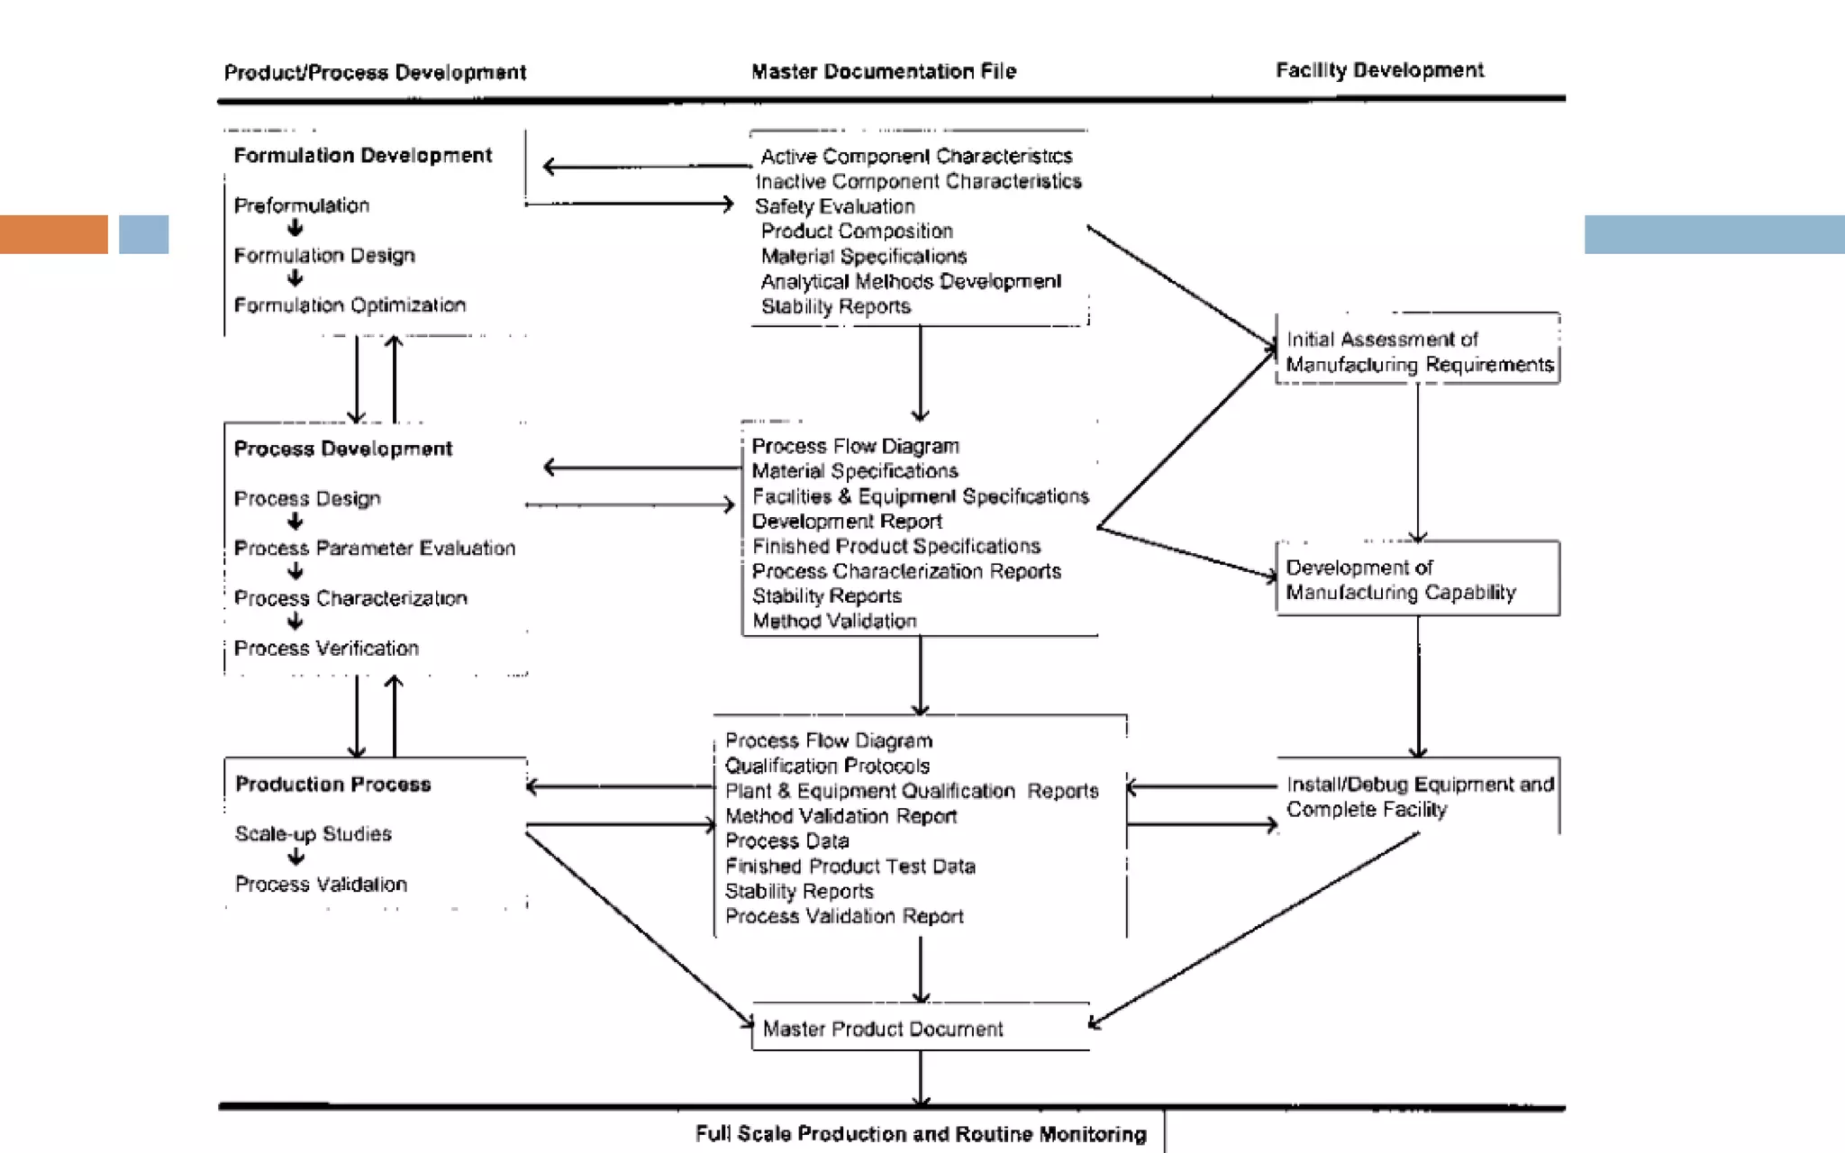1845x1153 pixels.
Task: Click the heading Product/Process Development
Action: [x=375, y=72]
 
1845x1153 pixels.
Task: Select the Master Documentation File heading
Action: [x=884, y=71]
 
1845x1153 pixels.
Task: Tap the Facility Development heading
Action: [x=1379, y=70]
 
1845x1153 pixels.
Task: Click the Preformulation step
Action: [x=302, y=205]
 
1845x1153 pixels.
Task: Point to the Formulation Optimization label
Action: [x=350, y=305]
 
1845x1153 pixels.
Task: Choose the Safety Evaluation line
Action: [x=834, y=206]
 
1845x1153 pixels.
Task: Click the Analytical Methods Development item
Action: [x=911, y=282]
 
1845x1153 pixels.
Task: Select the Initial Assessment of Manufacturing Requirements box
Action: [x=1418, y=351]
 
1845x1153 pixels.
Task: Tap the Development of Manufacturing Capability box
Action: [x=1417, y=579]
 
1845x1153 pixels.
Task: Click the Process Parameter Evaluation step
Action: [x=375, y=549]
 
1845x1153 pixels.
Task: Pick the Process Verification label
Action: [x=326, y=649]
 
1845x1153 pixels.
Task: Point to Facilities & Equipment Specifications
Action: [x=920, y=496]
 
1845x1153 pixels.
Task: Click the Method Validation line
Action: [x=834, y=621]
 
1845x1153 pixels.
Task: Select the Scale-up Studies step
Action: [x=314, y=834]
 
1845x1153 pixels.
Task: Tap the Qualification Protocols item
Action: [x=827, y=766]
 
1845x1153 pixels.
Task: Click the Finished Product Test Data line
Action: [x=850, y=867]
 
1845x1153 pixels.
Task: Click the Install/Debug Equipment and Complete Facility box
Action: [x=1419, y=796]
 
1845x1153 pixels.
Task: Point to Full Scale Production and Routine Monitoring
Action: [x=921, y=1134]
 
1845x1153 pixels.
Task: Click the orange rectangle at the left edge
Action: [x=54, y=234]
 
